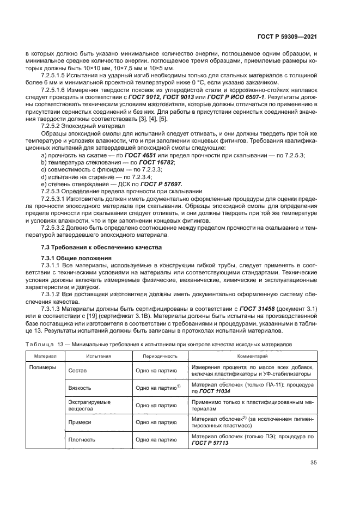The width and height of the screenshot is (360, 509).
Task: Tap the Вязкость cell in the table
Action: point(80,388)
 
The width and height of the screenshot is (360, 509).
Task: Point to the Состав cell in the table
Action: point(78,371)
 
